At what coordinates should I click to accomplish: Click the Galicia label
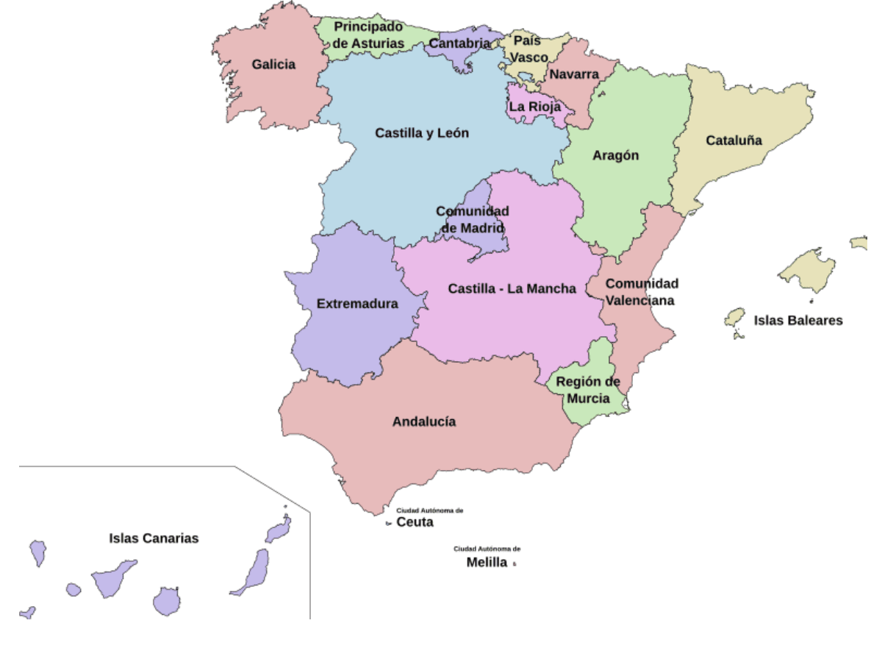coord(273,65)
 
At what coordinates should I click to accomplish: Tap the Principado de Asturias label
coord(368,35)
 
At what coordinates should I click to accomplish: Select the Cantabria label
coord(459,43)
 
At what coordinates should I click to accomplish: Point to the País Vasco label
coord(528,49)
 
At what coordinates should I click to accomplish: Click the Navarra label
coord(574,74)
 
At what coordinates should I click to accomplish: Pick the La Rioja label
coord(535,107)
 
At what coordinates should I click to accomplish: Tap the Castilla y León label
coord(422,133)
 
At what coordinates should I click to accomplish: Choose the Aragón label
coord(616,155)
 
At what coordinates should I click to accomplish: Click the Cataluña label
coord(734,140)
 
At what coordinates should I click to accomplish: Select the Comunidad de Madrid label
coord(473,219)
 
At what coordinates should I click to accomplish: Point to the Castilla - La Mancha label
coord(512,288)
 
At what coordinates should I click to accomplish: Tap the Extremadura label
coord(357,304)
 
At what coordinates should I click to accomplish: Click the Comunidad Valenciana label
coord(642,292)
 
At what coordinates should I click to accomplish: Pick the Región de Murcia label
coord(588,390)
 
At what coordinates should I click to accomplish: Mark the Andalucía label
coord(424,421)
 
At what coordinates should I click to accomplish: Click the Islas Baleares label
coord(798,321)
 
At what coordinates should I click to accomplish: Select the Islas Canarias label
coord(154,538)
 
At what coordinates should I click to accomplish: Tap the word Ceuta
coord(415,522)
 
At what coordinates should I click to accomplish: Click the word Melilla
coord(487,563)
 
